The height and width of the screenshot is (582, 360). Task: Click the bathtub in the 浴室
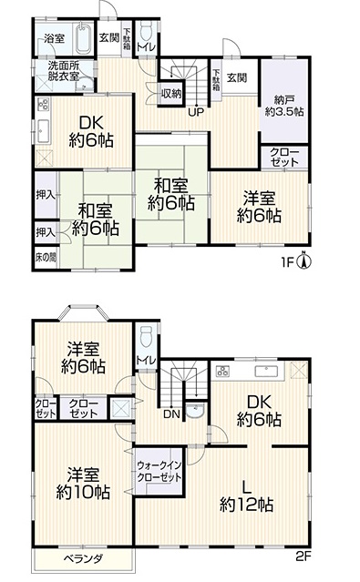click(85, 38)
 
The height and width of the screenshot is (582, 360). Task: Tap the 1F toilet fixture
click(147, 31)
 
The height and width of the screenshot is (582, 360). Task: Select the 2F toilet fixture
click(147, 336)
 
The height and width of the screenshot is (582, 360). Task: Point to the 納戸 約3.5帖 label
click(283, 106)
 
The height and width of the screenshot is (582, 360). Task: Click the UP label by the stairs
click(196, 112)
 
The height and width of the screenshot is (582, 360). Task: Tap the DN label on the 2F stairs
click(171, 414)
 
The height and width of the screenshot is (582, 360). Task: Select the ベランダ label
click(83, 558)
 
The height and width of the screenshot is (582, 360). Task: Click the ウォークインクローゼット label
click(159, 471)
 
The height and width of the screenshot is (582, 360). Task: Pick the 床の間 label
click(46, 258)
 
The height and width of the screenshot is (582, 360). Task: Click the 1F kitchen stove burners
click(43, 105)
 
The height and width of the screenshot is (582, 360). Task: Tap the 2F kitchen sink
click(266, 371)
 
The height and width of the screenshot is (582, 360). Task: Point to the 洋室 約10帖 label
click(83, 484)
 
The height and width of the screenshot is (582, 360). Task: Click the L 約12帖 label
click(246, 495)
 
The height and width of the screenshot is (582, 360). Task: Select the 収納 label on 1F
click(171, 94)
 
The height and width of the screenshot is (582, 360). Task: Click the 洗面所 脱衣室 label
click(64, 71)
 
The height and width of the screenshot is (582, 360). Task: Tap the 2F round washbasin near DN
click(195, 411)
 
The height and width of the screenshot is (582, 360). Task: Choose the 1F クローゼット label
click(284, 158)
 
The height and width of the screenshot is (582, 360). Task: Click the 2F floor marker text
click(303, 557)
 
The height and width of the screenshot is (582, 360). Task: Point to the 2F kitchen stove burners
click(223, 371)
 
